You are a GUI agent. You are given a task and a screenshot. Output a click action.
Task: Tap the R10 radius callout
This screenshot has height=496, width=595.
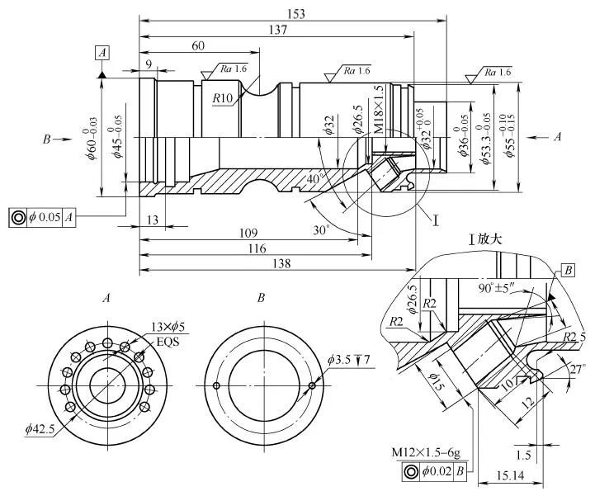pos(222,98)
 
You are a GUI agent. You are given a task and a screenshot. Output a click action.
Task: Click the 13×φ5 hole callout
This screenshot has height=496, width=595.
pos(169,327)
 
